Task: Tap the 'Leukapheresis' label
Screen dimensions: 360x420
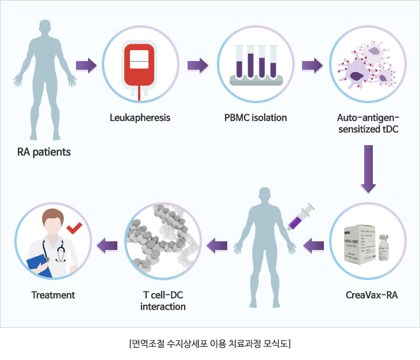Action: tap(140, 118)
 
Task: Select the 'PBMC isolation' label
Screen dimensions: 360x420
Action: tap(255, 118)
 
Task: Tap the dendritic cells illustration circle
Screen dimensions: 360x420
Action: tap(367, 65)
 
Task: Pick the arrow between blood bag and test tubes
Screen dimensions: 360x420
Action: tap(197, 65)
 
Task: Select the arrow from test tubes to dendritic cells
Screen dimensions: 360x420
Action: tap(312, 65)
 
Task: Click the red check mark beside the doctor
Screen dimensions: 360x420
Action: tap(74, 228)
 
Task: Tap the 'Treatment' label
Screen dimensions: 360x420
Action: tap(53, 295)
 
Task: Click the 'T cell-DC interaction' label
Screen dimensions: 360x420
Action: tap(163, 301)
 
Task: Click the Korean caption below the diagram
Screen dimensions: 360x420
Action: tap(209, 344)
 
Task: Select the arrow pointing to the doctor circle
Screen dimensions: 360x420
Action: tap(108, 247)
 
